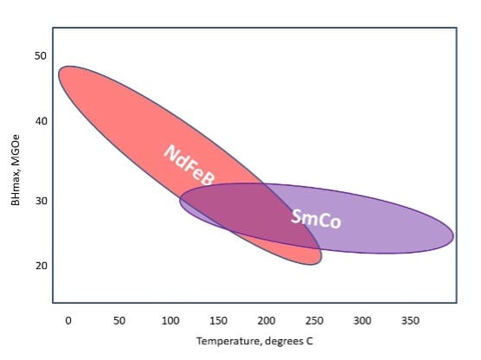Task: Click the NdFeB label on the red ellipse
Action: pos(189,164)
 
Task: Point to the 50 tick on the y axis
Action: pos(40,56)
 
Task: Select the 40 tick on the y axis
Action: pos(40,120)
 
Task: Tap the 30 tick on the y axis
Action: pos(40,201)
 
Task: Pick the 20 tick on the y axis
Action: pos(40,265)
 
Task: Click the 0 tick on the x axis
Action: pos(68,320)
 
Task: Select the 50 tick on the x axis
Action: pos(119,320)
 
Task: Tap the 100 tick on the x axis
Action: pos(170,320)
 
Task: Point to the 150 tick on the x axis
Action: pos(220,320)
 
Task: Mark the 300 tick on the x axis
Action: pos(363,320)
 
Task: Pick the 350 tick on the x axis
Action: pos(411,320)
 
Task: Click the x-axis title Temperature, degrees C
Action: pos(254,343)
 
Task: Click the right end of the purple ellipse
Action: pos(452,235)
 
